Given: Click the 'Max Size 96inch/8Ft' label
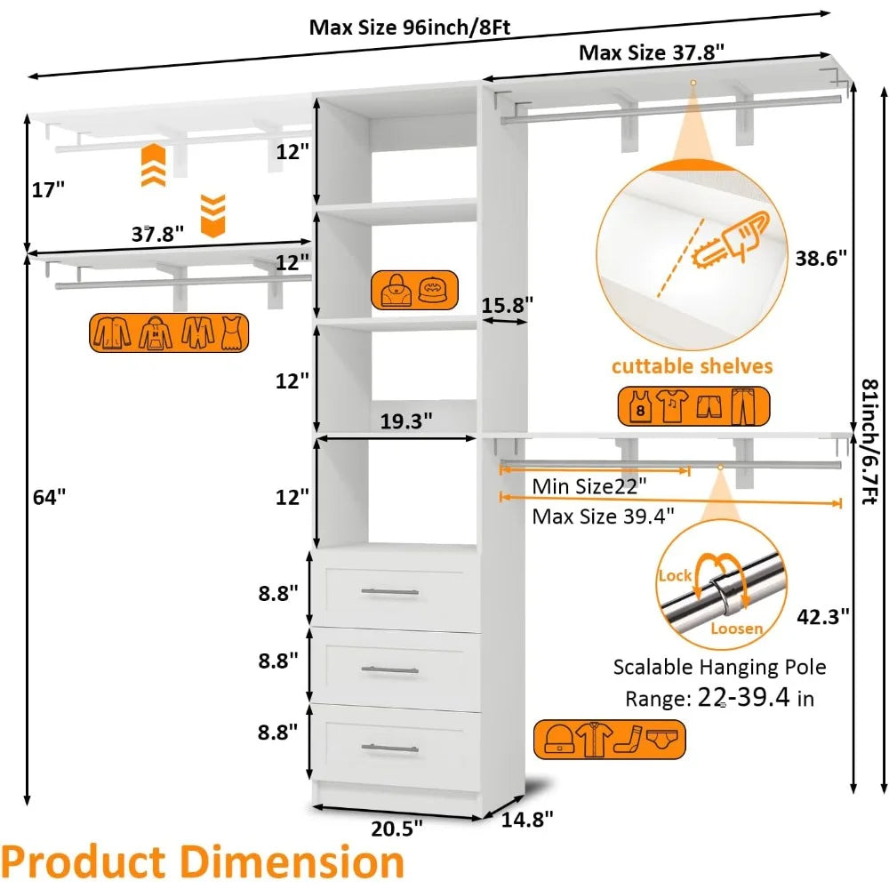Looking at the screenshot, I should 409,27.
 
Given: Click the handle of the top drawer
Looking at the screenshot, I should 389,591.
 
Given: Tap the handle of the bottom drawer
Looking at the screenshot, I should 389,749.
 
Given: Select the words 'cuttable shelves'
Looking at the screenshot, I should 691,366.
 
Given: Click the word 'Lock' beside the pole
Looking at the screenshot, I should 675,575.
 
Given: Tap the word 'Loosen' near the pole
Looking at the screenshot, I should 736,629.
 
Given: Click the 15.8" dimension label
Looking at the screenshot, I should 506,304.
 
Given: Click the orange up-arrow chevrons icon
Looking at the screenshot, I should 154,164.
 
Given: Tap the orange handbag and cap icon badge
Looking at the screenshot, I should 414,290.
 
